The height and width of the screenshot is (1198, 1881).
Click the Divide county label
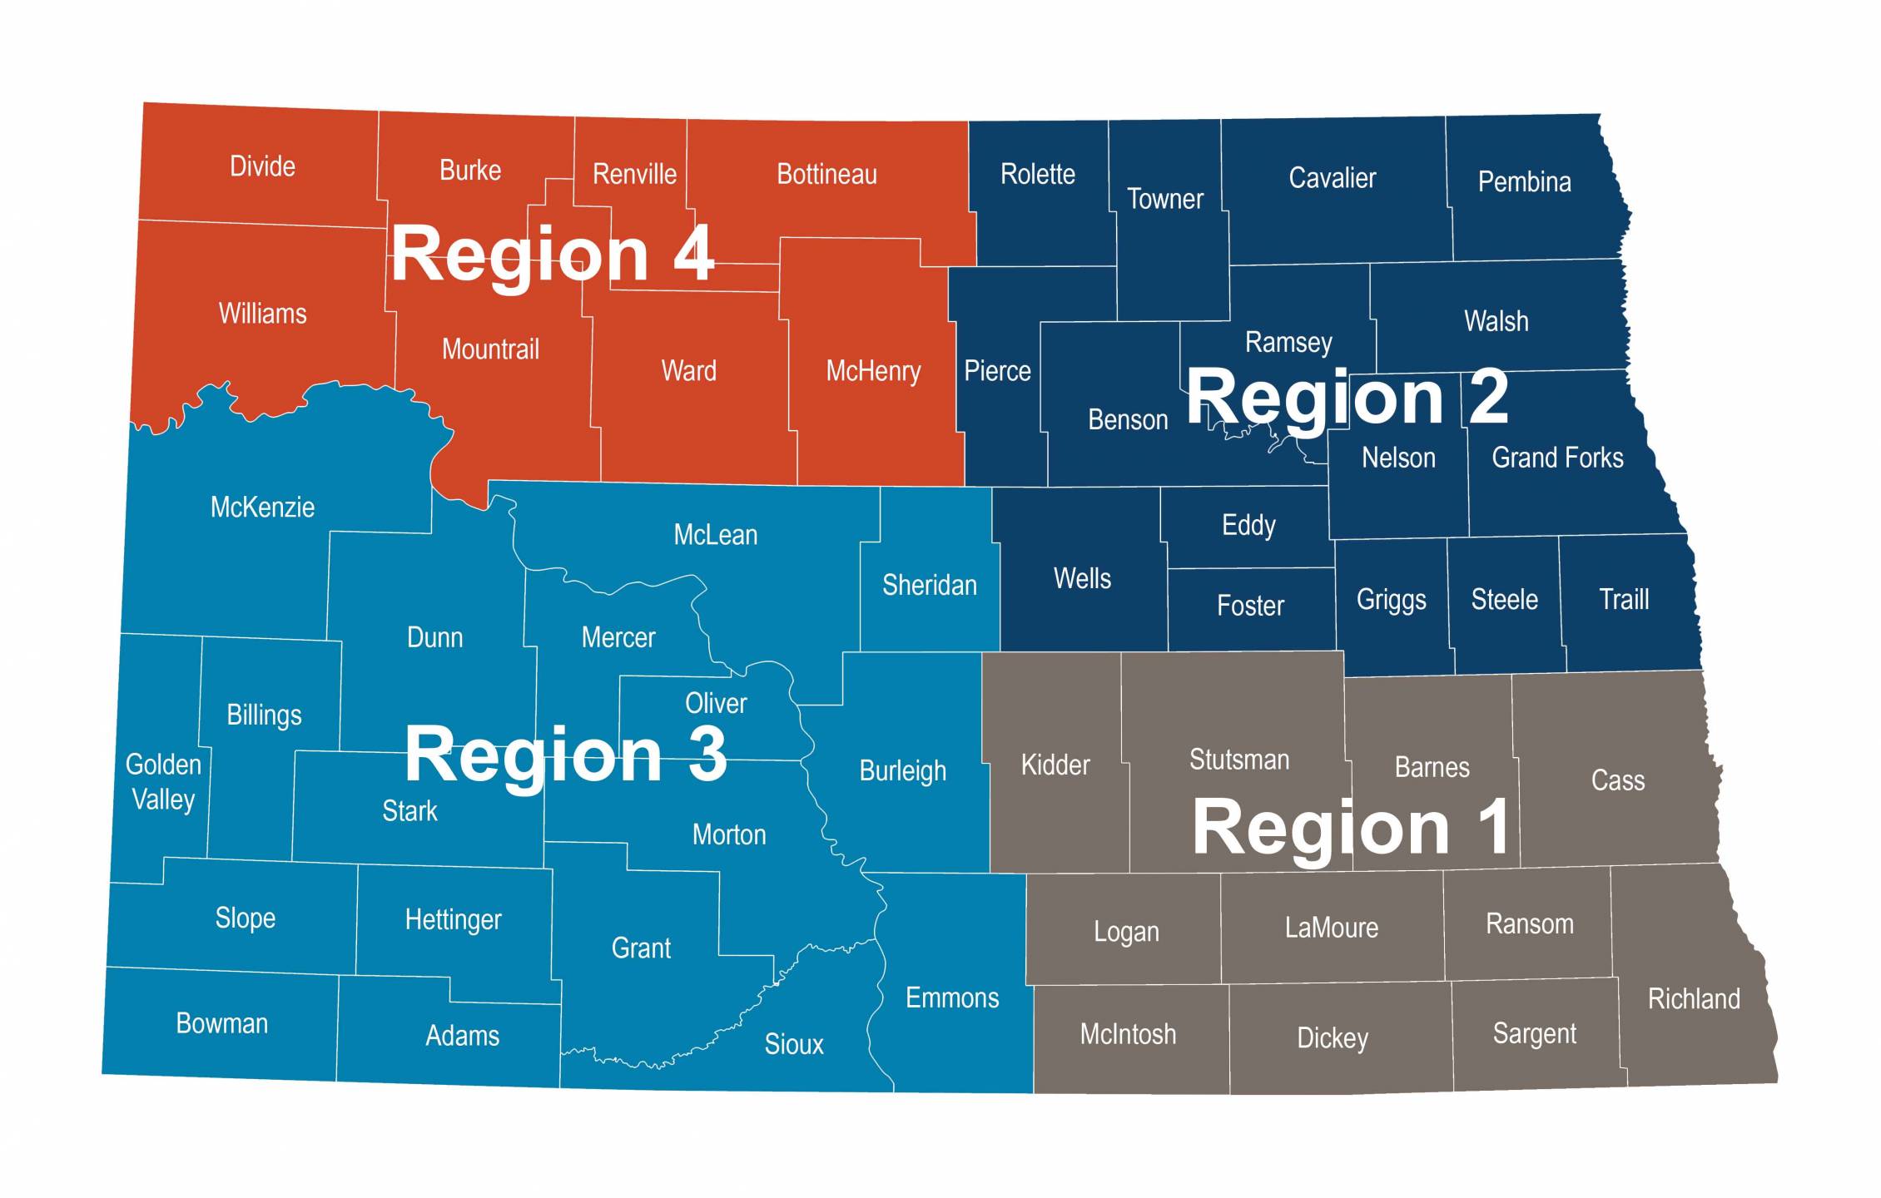coord(262,166)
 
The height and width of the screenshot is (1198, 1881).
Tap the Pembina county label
coord(1524,181)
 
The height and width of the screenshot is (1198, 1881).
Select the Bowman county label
coord(221,1023)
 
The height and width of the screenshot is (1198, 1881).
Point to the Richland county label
coord(1694,998)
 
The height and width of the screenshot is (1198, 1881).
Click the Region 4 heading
coord(552,254)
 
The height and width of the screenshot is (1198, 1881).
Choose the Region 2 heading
coord(1347,398)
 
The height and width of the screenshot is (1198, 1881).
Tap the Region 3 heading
coord(565,755)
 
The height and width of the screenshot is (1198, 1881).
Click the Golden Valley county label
coord(163,782)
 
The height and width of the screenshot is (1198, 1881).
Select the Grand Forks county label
coord(1557,458)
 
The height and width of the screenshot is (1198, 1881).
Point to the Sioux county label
coord(793,1044)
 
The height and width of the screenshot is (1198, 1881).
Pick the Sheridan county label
coord(929,585)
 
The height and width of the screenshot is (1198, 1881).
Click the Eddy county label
coord(1248,525)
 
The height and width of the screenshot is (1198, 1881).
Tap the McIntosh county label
coord(1128,1034)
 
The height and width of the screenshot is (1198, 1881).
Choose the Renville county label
coord(634,174)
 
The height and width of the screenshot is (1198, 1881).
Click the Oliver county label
coord(716,704)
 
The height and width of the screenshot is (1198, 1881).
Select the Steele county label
coord(1504,599)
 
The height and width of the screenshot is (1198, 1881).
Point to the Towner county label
coord(1164,199)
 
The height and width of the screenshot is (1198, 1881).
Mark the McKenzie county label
coord(262,507)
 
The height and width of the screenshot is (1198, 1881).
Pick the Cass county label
coord(1617,780)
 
